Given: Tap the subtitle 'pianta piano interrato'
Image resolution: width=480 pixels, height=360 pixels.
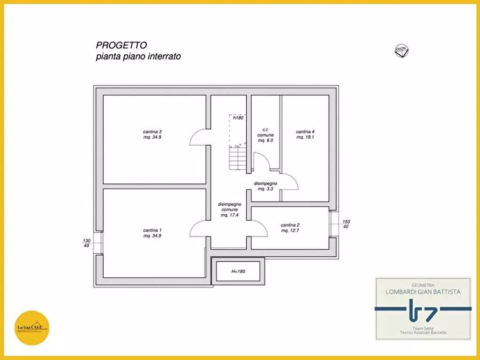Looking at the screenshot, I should point(138,56).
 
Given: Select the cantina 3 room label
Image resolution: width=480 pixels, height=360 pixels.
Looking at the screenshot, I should point(153,134).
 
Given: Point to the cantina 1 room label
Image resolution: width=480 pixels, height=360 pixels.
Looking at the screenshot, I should point(153,233).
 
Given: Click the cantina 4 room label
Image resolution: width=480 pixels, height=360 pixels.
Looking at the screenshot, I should point(305,134).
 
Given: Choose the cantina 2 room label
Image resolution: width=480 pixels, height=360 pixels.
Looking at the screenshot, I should point(290,228).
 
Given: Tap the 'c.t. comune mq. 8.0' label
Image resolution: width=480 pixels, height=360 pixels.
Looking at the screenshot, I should point(266,135).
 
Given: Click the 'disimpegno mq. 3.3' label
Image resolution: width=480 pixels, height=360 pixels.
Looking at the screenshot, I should point(266,186).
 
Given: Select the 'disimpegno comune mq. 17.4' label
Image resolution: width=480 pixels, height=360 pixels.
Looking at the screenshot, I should point(230,210).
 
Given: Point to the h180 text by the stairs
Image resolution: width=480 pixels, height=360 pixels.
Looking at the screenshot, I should point(239,117).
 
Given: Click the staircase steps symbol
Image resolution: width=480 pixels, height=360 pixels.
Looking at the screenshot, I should point(237,159).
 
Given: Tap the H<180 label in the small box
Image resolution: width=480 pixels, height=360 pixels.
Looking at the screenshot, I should point(238,272).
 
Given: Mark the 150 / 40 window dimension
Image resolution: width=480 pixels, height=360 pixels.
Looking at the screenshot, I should point(346,224).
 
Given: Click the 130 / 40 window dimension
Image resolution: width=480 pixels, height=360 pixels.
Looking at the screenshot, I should point(87,243).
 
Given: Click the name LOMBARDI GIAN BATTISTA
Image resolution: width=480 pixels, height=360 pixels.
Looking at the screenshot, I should point(422,292).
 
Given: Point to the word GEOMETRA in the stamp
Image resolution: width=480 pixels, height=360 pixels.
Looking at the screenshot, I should point(422,285).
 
